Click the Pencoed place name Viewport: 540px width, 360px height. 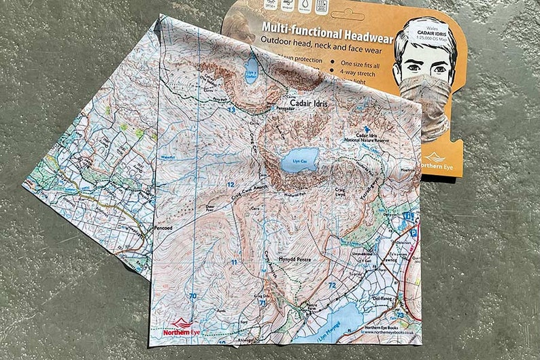point(165,230)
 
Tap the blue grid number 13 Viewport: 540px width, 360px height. point(231,110)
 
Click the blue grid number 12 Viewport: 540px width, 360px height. point(231,185)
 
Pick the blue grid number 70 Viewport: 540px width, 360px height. point(192,296)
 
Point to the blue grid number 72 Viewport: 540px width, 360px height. point(332,285)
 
